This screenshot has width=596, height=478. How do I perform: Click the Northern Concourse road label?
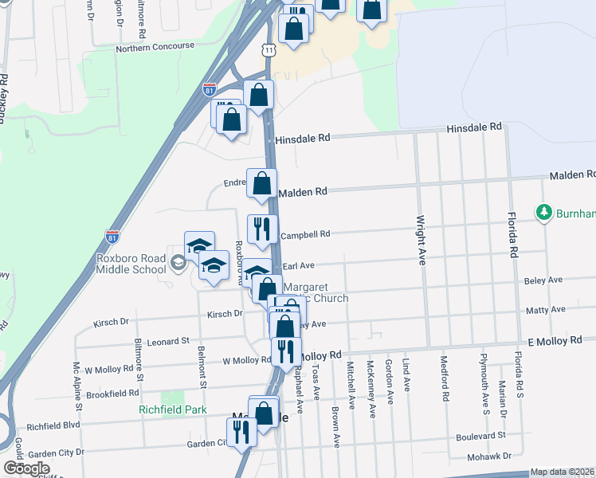click(155, 47)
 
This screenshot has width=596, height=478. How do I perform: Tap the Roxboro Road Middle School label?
click(131, 264)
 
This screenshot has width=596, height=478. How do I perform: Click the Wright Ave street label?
click(419, 239)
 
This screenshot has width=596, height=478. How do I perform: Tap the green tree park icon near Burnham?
click(544, 213)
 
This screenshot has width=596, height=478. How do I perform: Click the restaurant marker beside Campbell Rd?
click(262, 229)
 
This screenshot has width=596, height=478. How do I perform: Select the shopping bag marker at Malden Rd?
click(261, 184)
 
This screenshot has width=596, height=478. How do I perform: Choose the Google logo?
click(26, 468)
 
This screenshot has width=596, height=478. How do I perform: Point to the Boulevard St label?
click(481, 436)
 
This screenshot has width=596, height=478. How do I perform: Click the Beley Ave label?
click(544, 280)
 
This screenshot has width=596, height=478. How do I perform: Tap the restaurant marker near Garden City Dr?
click(241, 433)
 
